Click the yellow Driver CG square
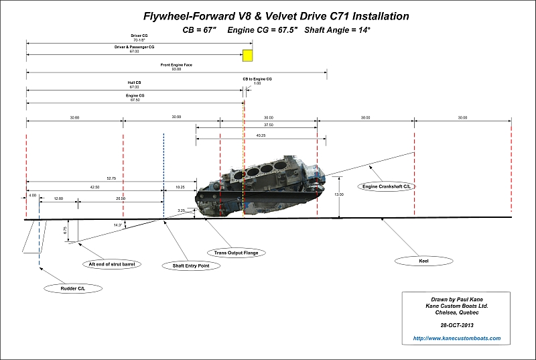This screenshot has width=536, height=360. click(248, 55)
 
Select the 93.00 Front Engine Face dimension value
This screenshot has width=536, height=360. click(176, 69)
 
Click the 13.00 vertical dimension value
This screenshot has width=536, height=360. click(339, 194)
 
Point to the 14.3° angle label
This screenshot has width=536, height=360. click(118, 225)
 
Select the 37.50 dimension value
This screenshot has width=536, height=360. click(268, 125)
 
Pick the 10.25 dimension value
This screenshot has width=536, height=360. click(180, 188)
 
